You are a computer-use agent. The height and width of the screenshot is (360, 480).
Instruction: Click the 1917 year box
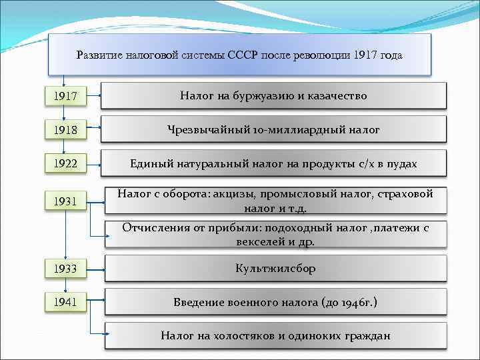click(x=65, y=97)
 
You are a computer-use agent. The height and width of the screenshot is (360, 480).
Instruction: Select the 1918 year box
click(x=65, y=131)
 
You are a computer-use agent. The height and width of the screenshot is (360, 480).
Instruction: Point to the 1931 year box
click(x=65, y=201)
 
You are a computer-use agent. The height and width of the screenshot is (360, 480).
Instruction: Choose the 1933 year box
click(x=65, y=269)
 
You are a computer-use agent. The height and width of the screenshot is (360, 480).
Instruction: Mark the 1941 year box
click(x=65, y=303)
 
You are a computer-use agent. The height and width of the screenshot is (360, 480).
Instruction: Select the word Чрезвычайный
click(x=206, y=130)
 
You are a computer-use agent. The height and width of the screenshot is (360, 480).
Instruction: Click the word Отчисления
click(x=153, y=228)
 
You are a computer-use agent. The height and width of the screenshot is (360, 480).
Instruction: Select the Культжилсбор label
click(x=275, y=269)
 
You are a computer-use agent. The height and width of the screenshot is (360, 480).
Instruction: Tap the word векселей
click(x=261, y=242)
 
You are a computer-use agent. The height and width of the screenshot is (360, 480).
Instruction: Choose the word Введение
click(x=197, y=303)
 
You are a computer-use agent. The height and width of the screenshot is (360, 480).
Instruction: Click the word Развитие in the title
click(x=99, y=55)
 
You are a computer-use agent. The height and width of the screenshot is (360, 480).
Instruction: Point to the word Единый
click(x=151, y=163)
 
